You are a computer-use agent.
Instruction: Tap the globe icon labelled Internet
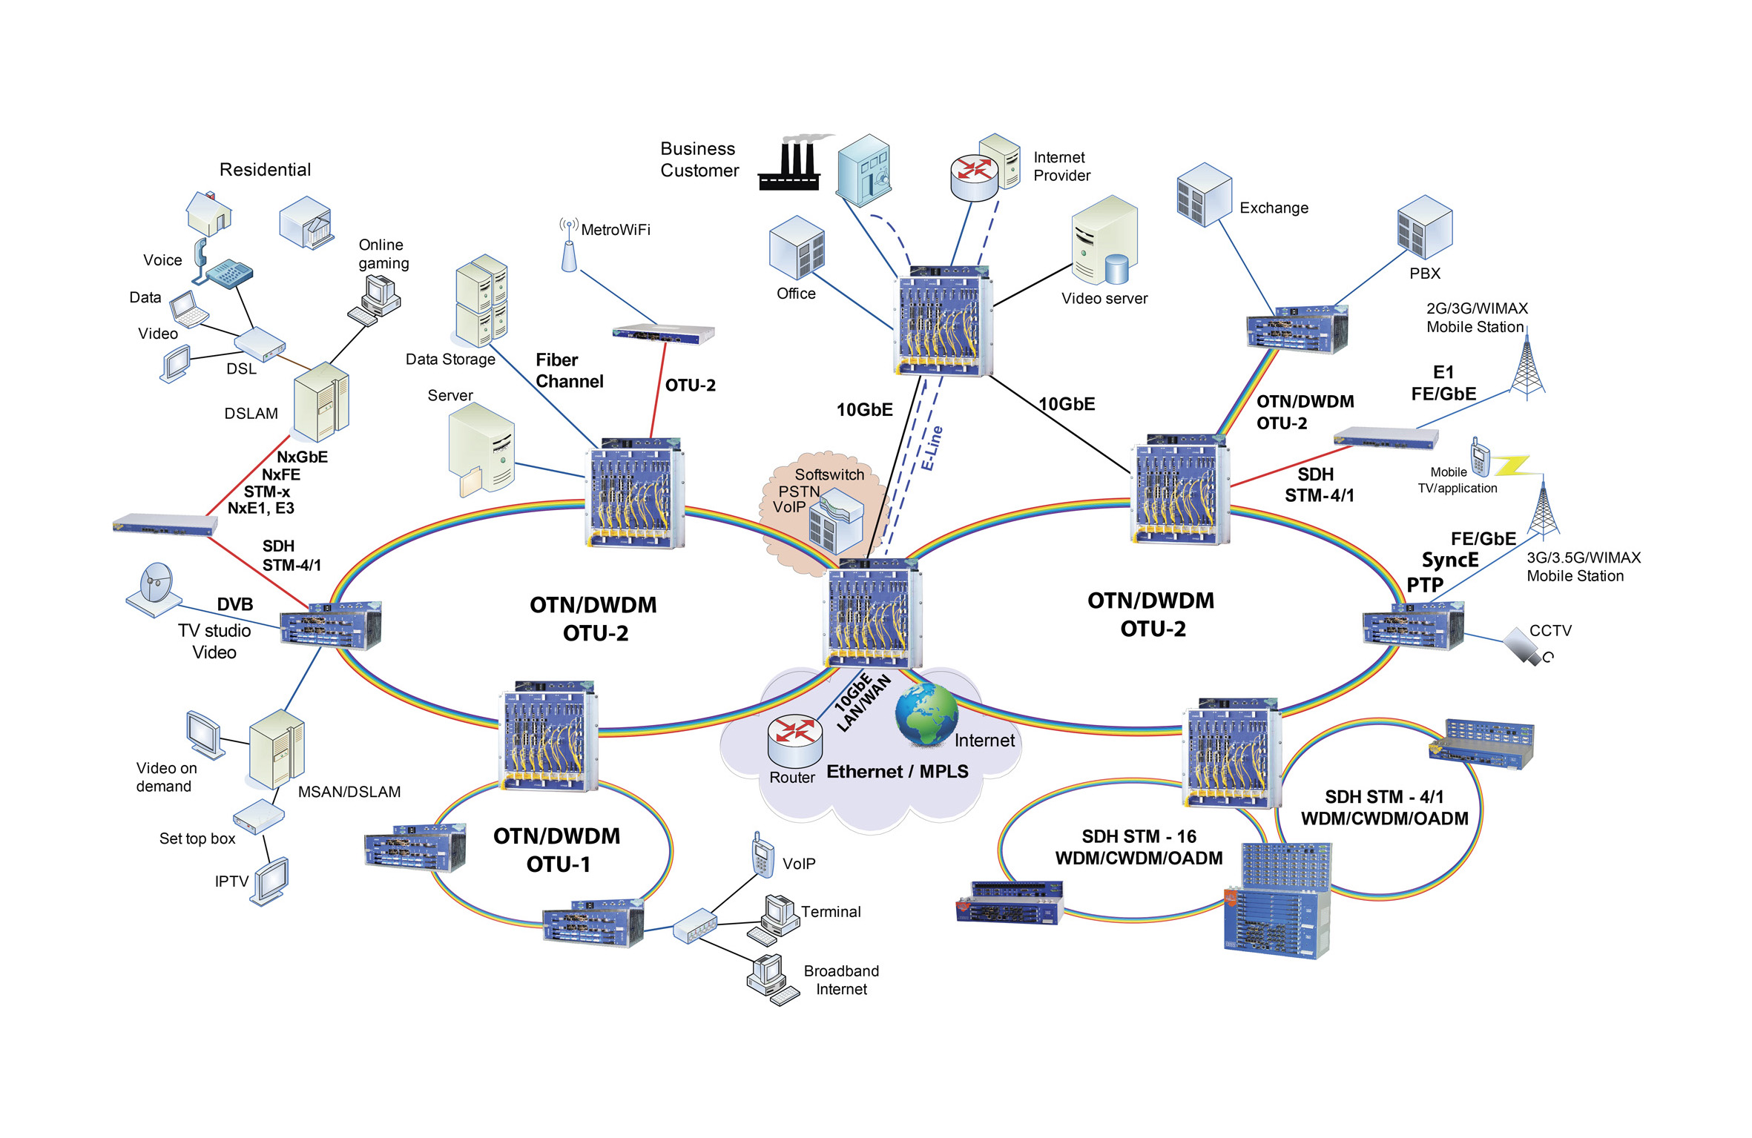click(926, 715)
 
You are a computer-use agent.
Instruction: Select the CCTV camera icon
click(1526, 647)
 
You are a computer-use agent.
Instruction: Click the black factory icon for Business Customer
click(791, 166)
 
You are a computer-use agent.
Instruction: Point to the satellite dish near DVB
click(154, 589)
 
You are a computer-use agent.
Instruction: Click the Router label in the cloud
click(791, 778)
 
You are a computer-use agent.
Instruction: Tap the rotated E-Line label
click(932, 448)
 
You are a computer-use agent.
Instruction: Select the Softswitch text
click(829, 474)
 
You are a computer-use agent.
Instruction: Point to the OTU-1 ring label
click(558, 864)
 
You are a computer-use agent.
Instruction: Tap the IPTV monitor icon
click(270, 880)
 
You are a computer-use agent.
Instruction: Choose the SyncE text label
click(1449, 560)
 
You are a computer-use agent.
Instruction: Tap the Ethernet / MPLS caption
click(898, 772)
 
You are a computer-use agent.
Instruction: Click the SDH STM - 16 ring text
click(1139, 837)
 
